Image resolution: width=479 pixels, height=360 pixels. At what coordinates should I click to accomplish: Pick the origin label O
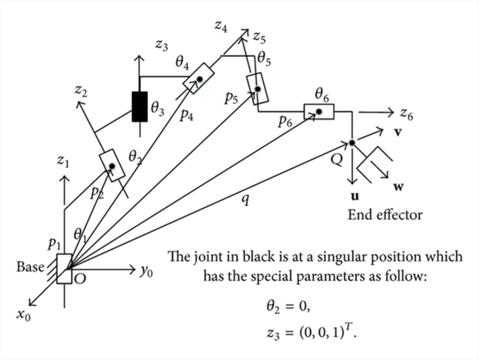[79, 277]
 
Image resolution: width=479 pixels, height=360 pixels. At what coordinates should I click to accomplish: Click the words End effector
[385, 215]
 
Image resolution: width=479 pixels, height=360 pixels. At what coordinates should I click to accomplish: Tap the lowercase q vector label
[244, 200]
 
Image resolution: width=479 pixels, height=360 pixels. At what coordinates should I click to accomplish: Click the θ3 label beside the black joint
[157, 108]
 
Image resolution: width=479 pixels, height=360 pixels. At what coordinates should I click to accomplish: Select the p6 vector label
[286, 121]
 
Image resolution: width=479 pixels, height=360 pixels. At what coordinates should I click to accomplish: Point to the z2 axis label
[81, 92]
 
